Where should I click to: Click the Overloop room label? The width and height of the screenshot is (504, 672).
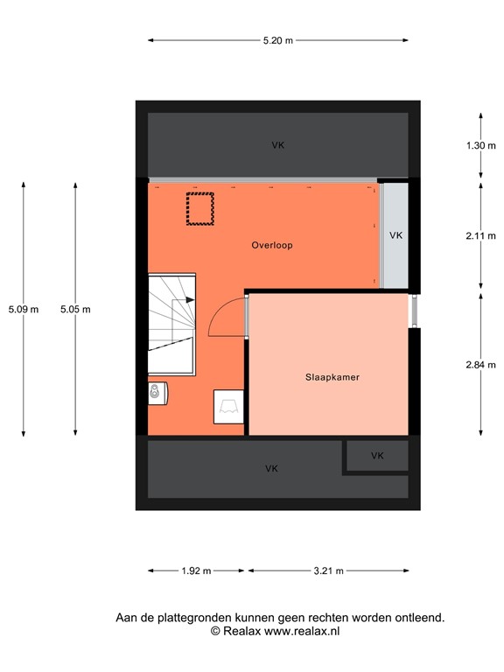pyautogui.click(x=271, y=246)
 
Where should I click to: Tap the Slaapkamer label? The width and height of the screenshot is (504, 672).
pyautogui.click(x=332, y=377)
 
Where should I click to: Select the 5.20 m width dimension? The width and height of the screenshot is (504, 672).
pyautogui.click(x=277, y=40)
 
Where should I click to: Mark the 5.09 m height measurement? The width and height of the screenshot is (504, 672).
pyautogui.click(x=24, y=309)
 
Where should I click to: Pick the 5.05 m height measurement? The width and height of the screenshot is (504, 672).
pyautogui.click(x=75, y=309)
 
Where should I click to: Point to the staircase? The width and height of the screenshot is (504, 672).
pyautogui.click(x=171, y=312)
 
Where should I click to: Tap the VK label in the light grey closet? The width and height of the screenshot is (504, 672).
pyautogui.click(x=395, y=235)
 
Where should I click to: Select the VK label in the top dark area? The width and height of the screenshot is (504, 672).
pyautogui.click(x=277, y=145)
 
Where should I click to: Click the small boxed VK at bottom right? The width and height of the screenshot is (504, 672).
pyautogui.click(x=377, y=456)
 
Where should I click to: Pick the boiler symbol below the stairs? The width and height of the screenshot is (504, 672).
pyautogui.click(x=157, y=394)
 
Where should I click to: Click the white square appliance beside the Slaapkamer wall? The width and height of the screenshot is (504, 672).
pyautogui.click(x=228, y=405)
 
